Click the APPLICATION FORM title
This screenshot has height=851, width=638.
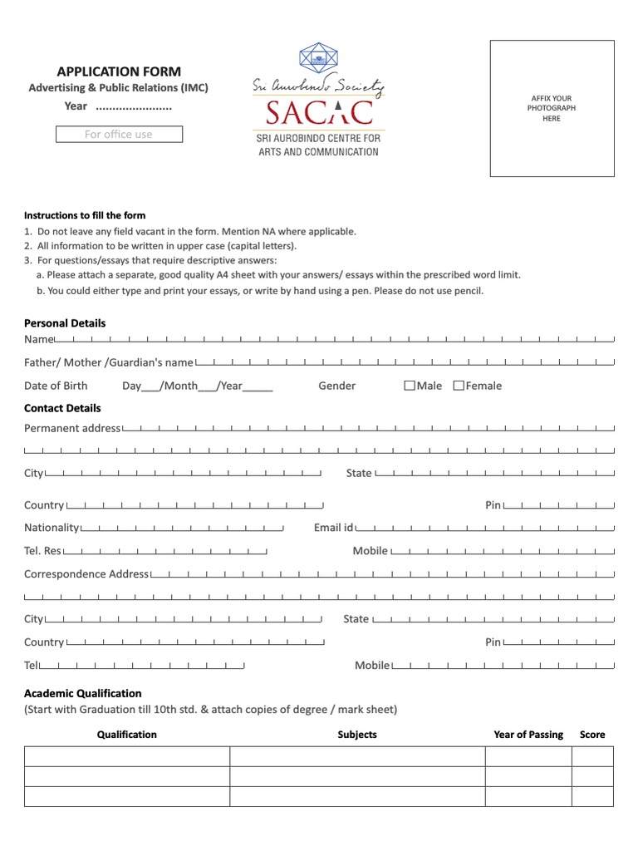118,71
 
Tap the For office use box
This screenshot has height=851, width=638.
119,135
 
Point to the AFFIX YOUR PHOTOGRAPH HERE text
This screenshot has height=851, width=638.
552,108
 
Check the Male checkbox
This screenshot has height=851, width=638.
410,386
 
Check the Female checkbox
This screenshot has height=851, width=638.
459,386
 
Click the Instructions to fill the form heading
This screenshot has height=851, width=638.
85,215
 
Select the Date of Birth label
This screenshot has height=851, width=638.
56,386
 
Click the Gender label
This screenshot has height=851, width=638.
336,386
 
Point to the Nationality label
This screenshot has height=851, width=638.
52,528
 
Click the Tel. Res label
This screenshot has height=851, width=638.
42,551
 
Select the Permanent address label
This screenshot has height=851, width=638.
72,428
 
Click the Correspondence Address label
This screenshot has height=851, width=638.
86,574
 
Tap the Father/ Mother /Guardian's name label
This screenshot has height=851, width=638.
108,362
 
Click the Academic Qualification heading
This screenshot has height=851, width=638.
83,693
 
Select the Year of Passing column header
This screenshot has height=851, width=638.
528,735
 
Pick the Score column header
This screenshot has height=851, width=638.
592,735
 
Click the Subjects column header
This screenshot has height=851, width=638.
357,735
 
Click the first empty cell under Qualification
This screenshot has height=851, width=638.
126,756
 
